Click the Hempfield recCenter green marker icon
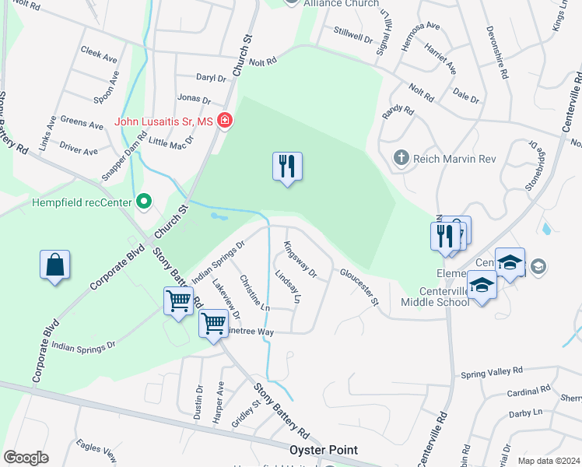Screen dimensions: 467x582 pyautogui.click(x=143, y=202)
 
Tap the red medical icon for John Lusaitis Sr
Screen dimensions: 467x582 pyautogui.click(x=225, y=121)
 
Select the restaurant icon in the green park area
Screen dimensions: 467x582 pyautogui.click(x=287, y=167)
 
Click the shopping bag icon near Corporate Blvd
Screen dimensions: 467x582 pyautogui.click(x=55, y=265)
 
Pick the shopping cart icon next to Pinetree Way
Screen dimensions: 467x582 pyautogui.click(x=213, y=323)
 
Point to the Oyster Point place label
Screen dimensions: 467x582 pyautogui.click(x=324, y=450)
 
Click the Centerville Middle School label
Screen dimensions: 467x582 pyautogui.click(x=434, y=302)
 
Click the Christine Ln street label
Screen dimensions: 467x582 pyautogui.click(x=254, y=293)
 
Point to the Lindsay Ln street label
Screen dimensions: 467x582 pyautogui.click(x=288, y=286)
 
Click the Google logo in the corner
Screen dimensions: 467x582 pyautogui.click(x=26, y=458)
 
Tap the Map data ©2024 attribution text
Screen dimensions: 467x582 pyautogui.click(x=549, y=461)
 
